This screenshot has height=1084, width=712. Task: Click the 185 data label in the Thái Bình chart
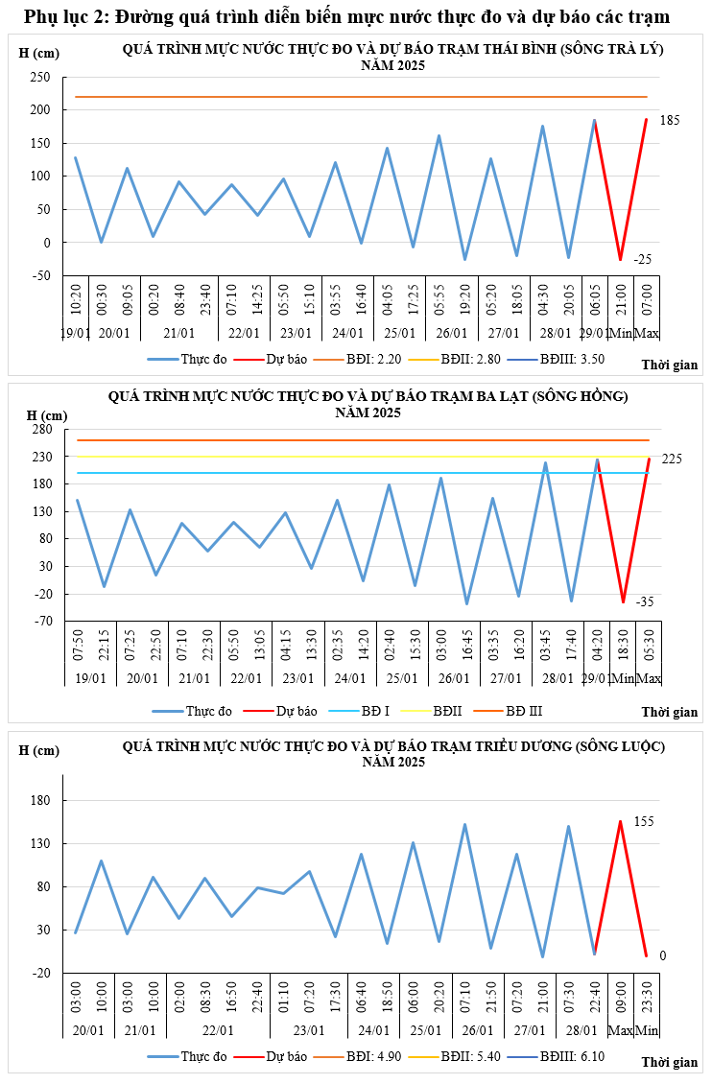tap(670, 120)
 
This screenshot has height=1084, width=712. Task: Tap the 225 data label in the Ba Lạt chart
tap(671, 460)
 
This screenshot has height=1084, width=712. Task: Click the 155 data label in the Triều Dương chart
tap(670, 822)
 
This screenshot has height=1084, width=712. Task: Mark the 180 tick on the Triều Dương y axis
tap(42, 801)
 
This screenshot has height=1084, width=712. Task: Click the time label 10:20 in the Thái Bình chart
tap(75, 295)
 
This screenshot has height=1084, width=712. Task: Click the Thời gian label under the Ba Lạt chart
tap(669, 712)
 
